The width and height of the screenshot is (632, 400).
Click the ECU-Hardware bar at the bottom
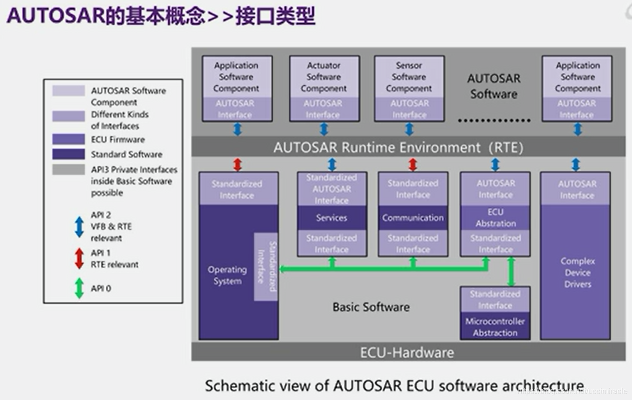407,352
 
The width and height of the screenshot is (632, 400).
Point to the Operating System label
227,276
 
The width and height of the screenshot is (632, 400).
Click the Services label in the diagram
332,218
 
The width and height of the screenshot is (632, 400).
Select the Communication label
413,218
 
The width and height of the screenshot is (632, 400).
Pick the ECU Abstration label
495,218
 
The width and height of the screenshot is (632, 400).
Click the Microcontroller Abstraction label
495,327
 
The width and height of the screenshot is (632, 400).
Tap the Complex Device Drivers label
577,273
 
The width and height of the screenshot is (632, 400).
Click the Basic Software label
371,307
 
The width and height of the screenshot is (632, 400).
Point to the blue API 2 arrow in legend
79,227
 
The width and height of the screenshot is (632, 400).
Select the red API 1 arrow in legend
79,259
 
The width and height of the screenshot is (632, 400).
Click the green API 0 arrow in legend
79,288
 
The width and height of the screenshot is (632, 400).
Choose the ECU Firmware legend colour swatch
69,139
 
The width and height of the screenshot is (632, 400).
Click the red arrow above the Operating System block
237,165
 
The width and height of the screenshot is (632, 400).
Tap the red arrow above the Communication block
413,165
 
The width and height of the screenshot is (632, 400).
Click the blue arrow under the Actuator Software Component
324,129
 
